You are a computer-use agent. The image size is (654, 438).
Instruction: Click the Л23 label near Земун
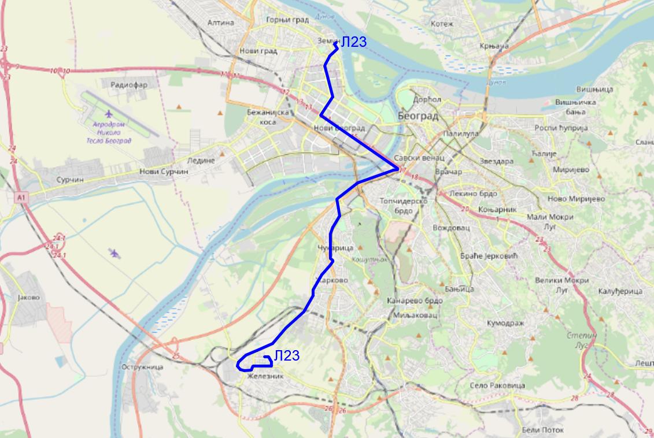[x=353, y=42]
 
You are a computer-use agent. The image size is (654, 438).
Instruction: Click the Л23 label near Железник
[x=287, y=355]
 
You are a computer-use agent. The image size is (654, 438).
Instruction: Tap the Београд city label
[x=418, y=116]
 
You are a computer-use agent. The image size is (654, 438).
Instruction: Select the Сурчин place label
[x=70, y=180]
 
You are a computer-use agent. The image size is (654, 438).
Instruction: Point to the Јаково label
[x=29, y=298]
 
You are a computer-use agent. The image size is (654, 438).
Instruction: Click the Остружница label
[x=143, y=367]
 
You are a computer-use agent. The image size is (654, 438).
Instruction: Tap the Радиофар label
[x=128, y=85]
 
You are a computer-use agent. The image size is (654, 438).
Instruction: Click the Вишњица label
[x=594, y=90]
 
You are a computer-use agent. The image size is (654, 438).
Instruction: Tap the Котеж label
[x=442, y=24]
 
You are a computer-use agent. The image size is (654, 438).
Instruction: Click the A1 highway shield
[x=21, y=198]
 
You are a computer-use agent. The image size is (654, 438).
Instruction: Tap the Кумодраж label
[x=505, y=323]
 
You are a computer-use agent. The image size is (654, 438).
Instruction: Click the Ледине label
[x=201, y=160]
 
